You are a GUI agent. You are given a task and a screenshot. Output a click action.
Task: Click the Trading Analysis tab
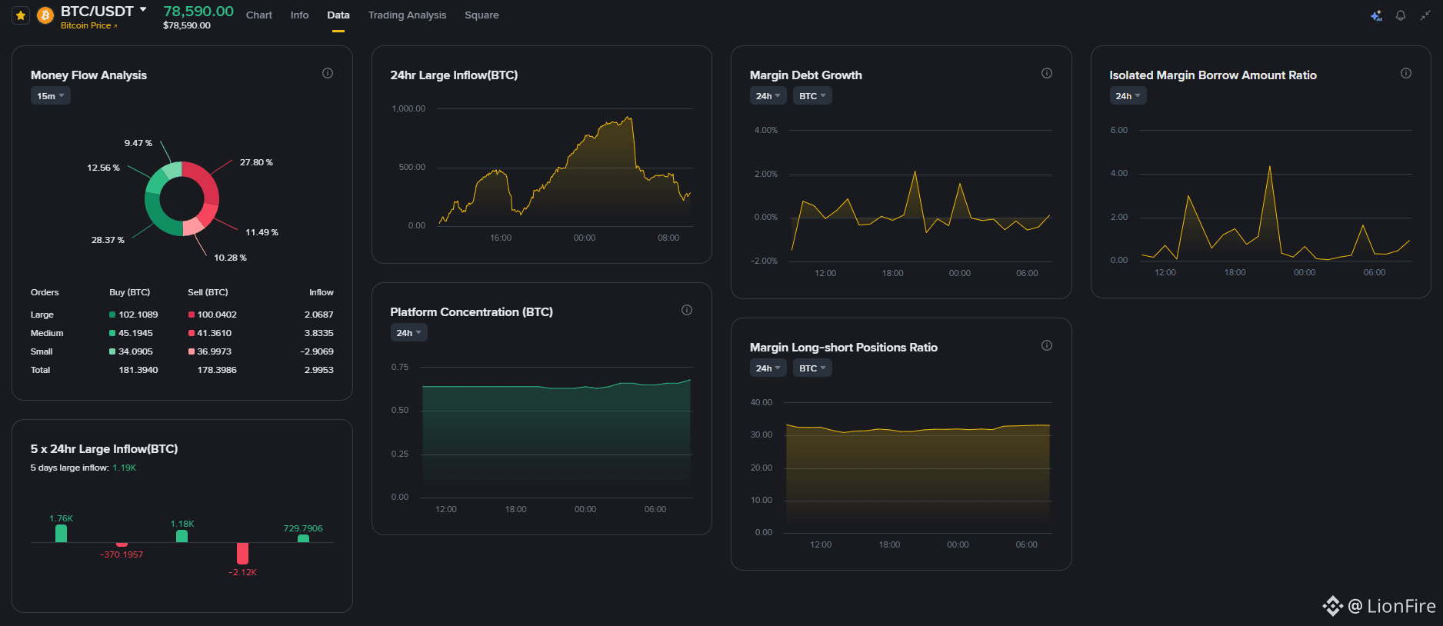pos(407,15)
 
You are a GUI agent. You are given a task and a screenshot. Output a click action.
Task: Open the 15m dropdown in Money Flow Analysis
pos(51,96)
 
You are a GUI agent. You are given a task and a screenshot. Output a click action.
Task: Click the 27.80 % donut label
pos(256,162)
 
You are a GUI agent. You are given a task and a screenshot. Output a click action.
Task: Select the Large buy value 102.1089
pos(138,315)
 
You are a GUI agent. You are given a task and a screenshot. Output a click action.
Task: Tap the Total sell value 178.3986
pos(217,370)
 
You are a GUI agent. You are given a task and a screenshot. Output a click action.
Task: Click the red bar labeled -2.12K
pos(243,553)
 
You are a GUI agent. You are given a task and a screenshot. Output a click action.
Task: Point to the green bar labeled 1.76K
pos(62,533)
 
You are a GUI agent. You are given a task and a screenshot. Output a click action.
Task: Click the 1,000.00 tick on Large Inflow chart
pos(408,108)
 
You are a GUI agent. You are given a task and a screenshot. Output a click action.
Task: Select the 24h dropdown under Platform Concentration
pos(408,333)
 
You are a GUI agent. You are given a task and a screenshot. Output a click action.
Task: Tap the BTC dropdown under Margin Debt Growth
pos(812,96)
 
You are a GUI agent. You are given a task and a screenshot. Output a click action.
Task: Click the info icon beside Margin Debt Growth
pos(1047,73)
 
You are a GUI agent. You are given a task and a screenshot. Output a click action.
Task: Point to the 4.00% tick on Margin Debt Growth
pos(766,130)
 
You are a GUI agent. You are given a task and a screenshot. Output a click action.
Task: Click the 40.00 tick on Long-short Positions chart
pos(761,402)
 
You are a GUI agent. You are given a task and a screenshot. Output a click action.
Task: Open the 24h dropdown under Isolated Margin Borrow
pos(1128,96)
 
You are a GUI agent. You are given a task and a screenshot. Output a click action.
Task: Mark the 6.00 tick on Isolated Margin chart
pos(1119,130)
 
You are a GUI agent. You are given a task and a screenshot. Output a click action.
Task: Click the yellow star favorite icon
pos(21,15)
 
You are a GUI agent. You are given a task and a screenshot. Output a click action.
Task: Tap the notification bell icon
pos(1401,15)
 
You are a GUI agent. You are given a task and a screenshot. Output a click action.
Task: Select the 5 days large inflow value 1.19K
pos(125,468)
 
